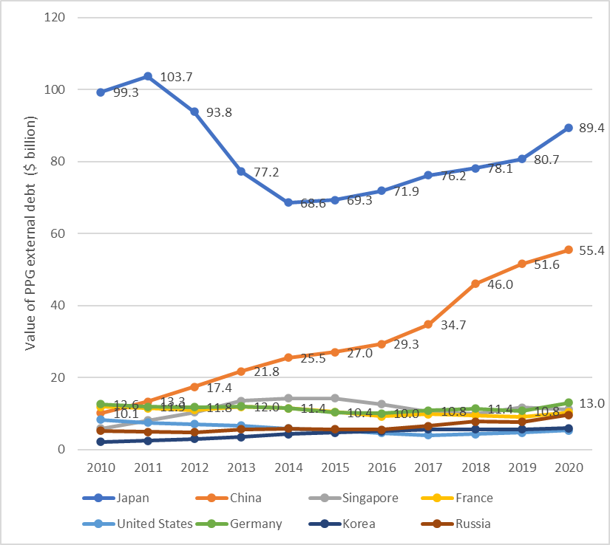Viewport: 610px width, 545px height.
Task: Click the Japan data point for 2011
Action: tap(148, 76)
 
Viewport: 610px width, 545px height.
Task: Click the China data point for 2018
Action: tap(475, 284)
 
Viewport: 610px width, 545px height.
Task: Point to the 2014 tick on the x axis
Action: tap(288, 467)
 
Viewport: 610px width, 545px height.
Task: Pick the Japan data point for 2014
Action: tap(288, 202)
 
